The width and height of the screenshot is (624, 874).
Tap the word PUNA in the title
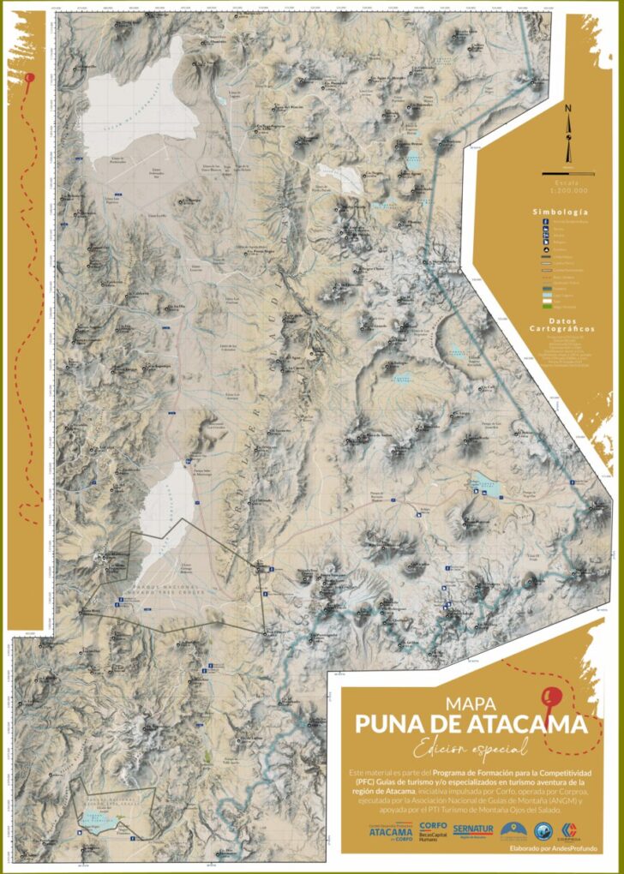[x=394, y=725]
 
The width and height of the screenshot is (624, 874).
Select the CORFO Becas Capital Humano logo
[x=433, y=829]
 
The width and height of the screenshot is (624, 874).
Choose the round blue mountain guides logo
[x=541, y=830]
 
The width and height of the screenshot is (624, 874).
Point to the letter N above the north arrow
[x=567, y=109]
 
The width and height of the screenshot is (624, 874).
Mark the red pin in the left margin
[x=30, y=78]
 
